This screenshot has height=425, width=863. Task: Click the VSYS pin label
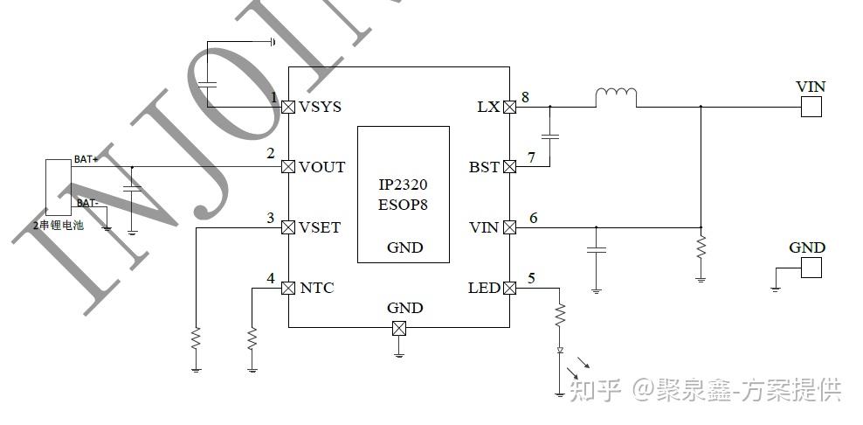pos(320,107)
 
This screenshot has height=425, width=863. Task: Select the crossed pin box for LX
pos(509,107)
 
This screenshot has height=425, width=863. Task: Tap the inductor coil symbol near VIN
pos(616,97)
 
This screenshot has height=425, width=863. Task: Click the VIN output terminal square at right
pos(811,107)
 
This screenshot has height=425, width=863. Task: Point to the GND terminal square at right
pos(811,268)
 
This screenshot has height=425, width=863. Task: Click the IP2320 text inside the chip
pos(403,186)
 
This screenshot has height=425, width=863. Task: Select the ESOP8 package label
pos(403,205)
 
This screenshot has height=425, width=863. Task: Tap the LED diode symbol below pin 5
pos(560,350)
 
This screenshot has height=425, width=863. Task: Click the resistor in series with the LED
pos(560,313)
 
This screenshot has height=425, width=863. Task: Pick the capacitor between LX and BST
pos(550,136)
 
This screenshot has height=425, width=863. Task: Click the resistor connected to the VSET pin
pos(196,338)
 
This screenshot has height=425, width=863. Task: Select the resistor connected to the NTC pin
pos(252,338)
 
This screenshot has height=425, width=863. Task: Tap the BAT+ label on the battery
pos(86,159)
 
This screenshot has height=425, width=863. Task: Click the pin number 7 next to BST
pos(531,157)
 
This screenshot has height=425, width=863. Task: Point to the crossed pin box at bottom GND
pos(398,328)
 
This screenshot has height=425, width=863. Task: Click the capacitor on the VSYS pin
pos(208,84)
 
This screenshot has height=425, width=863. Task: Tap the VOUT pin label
pos(322,167)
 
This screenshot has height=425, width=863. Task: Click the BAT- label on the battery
pos(86,203)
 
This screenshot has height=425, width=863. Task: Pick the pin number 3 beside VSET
pos(271,218)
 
